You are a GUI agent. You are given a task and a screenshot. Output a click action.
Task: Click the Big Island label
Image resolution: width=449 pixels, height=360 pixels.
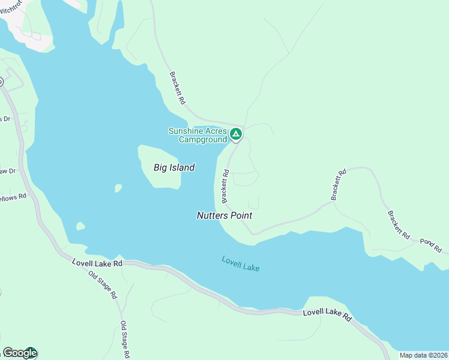[174, 167]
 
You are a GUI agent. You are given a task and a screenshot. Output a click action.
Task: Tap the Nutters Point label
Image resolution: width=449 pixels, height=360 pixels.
[224, 215]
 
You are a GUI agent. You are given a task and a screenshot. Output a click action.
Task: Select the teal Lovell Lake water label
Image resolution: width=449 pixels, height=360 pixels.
[240, 263]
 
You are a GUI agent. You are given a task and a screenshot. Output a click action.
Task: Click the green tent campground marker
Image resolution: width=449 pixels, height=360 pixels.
[237, 134]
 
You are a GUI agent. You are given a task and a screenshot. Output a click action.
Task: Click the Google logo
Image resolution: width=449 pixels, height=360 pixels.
[19, 353]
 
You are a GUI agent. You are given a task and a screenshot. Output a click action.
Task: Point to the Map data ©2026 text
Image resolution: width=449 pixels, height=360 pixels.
[424, 355]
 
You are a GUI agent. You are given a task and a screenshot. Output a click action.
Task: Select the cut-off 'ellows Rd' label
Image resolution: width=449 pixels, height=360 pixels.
[13, 196]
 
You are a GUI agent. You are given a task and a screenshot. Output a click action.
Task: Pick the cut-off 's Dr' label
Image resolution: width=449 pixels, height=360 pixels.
[5, 119]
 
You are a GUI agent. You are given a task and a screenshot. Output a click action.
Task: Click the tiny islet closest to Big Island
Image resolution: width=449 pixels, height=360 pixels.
[118, 188]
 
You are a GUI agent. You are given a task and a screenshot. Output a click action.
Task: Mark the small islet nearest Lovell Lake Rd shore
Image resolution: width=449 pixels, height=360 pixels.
[80, 226]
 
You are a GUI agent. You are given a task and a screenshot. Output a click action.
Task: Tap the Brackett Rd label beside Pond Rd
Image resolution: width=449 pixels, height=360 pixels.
[398, 225]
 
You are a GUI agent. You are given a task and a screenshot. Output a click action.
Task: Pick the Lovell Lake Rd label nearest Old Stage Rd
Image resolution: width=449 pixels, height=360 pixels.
[97, 263]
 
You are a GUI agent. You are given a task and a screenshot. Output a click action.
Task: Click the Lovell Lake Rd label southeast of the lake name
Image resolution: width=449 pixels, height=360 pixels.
[327, 314]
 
